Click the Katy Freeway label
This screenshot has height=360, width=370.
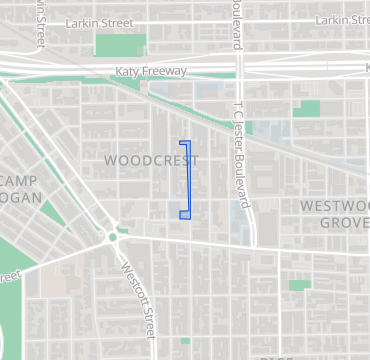click(150, 71)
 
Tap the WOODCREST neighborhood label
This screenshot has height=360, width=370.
click(151, 160)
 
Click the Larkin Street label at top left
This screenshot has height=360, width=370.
click(101, 21)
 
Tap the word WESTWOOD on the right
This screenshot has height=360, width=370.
click(334, 205)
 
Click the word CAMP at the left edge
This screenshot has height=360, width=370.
click(18, 179)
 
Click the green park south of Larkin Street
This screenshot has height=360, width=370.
click(120, 45)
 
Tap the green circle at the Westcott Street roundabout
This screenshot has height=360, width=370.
click(113, 237)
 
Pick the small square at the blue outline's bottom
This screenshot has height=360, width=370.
click(185, 214)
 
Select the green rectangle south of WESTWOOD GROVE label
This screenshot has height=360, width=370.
click(300, 285)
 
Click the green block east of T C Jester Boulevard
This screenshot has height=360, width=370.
click(308, 109)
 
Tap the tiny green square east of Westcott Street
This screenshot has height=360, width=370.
click(185, 340)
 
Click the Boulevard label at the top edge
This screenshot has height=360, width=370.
click(241, 24)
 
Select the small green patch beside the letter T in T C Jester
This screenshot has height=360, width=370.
click(249, 128)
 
